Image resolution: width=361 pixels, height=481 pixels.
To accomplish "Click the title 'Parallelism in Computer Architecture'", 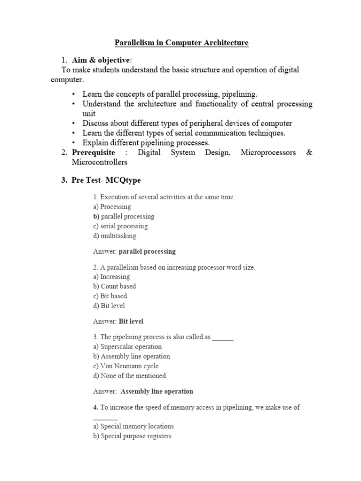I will tap(181, 43).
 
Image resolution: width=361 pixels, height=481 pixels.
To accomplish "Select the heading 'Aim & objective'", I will tap(102, 60).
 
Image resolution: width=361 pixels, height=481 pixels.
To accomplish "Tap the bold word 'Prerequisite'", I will tap(93, 153).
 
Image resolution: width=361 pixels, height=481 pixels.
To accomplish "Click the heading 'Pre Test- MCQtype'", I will tap(106, 180).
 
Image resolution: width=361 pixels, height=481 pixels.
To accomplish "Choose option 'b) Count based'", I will tap(115, 287).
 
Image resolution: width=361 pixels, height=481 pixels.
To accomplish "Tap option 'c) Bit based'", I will tap(110, 296).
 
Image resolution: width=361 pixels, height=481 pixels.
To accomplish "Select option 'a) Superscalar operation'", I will tap(127, 347).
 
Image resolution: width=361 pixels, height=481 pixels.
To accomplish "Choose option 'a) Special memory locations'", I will tap(133, 427).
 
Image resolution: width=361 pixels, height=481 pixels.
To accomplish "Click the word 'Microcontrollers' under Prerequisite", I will tap(99, 162).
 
